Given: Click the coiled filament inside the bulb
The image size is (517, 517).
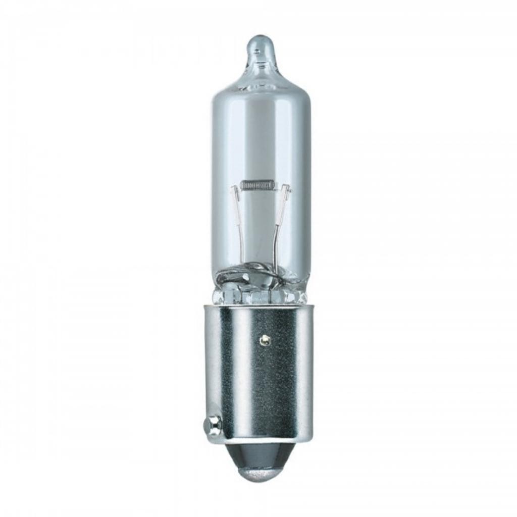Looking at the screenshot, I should click(257, 185).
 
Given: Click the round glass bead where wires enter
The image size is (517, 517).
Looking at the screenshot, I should click(258, 275).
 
